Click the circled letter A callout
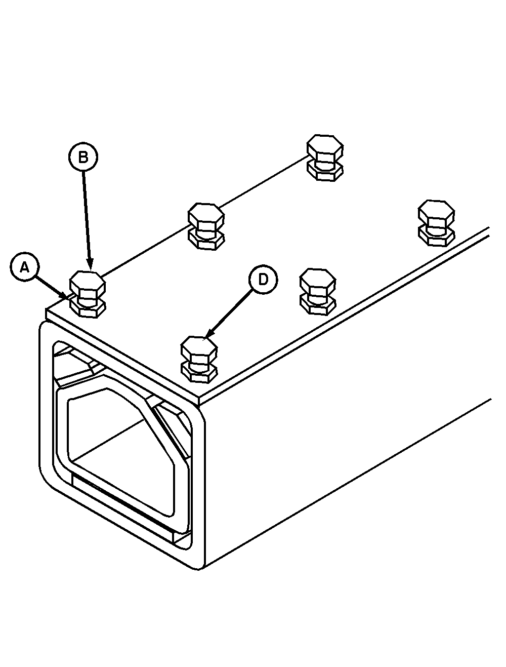(25, 266)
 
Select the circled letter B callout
(83, 157)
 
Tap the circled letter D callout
(263, 279)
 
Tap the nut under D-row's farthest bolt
(436, 238)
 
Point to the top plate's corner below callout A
(46, 309)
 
